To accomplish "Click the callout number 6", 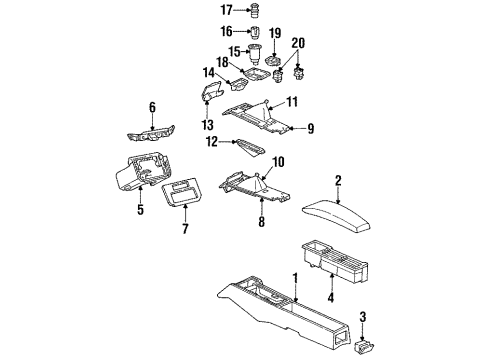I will coord(152,106).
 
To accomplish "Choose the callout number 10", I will coord(279,161).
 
